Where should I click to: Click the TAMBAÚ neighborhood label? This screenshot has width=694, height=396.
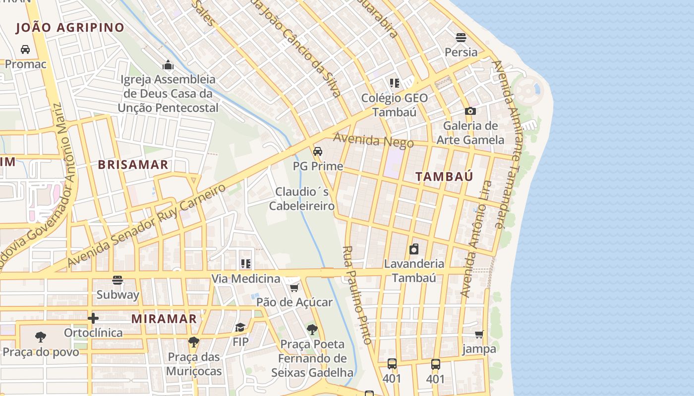point(444,176)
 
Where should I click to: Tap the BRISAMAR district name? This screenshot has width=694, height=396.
point(133,165)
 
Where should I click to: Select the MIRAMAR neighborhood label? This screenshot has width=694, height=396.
point(164,319)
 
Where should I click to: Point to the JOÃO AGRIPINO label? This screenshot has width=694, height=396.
point(70,28)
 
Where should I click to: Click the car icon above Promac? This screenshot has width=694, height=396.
point(25,49)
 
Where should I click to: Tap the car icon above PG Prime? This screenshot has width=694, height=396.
point(318,151)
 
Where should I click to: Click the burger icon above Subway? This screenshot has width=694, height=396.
point(117,280)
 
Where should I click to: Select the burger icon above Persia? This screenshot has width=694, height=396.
point(461,38)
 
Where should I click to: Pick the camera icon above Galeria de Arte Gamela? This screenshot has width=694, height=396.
point(470,111)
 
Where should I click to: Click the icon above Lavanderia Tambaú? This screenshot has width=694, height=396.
point(414,248)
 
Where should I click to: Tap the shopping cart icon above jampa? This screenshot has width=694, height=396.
point(479,335)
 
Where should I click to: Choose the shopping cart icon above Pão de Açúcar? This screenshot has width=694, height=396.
point(294,288)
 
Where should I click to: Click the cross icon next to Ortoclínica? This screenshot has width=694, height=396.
point(93,318)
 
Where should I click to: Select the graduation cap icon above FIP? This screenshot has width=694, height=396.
point(240,327)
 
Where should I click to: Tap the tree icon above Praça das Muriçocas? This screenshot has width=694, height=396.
point(194,342)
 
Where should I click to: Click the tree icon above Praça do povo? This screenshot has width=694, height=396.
point(41,337)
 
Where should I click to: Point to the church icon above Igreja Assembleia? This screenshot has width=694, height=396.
point(168,65)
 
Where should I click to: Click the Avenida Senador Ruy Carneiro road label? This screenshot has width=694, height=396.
point(147,224)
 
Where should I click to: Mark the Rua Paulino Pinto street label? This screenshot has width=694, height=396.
point(357,295)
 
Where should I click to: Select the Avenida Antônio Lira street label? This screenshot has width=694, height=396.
point(476,239)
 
